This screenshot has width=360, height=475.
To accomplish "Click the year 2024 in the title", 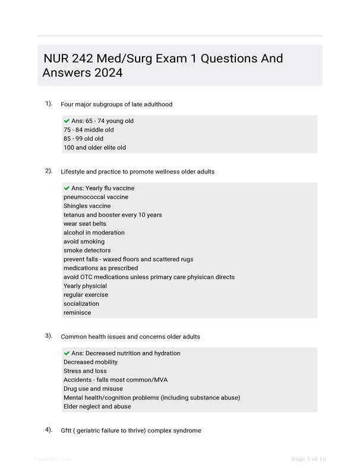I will click(x=108, y=73).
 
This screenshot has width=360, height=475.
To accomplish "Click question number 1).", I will click(x=49, y=103).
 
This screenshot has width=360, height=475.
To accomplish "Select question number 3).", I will click(x=49, y=335).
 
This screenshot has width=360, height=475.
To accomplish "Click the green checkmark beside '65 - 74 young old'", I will click(x=67, y=121).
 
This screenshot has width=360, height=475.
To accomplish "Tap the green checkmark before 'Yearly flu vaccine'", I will click(x=67, y=188).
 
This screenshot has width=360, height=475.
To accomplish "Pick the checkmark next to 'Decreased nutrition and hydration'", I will click(x=67, y=353).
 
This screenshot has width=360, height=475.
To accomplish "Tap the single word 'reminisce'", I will click(x=77, y=312).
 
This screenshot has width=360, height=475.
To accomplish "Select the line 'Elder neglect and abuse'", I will click(x=97, y=407).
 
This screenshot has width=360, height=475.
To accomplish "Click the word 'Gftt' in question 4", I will click(x=66, y=430).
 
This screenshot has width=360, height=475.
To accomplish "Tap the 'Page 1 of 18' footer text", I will click(x=309, y=459).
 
